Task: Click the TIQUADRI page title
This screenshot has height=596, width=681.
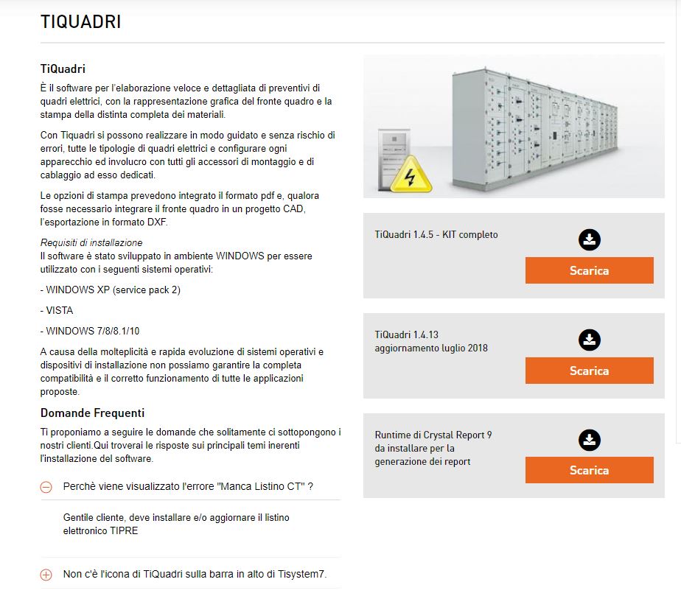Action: pos(80,22)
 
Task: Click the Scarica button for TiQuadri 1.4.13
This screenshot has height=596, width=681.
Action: pos(589,371)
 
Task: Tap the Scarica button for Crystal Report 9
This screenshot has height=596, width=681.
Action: pos(589,470)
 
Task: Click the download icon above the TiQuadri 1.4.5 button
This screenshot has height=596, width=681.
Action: pos(589,239)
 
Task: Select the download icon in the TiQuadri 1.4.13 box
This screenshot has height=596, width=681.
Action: pos(589,340)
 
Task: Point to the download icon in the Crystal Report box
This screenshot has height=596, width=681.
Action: pos(589,440)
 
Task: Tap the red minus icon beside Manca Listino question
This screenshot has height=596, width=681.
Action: pos(46,487)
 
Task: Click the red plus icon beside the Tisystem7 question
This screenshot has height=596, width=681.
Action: pos(46,575)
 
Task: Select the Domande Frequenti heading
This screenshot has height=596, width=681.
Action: pos(92,413)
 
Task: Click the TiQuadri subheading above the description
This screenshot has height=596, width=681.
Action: pos(63,69)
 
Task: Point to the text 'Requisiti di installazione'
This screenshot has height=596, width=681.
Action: pos(91,242)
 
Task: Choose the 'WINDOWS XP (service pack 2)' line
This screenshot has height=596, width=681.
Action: pos(111,290)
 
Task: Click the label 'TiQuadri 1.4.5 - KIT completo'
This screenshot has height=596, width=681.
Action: pos(436,234)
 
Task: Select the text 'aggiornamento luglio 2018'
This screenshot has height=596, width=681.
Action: pos(431,348)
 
